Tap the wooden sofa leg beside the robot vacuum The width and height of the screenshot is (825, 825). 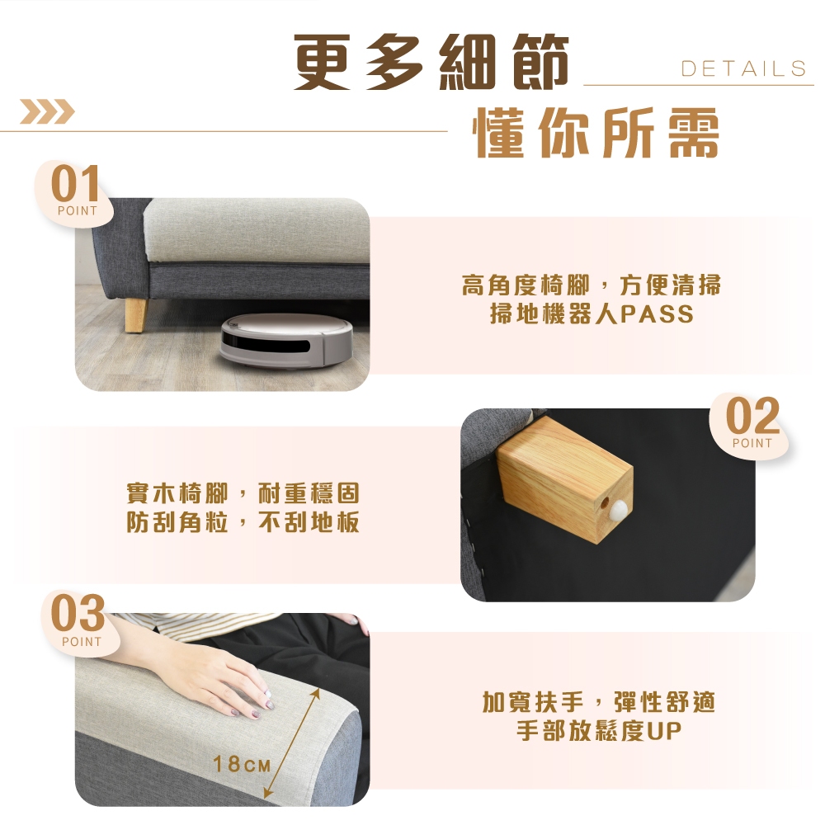pos(136,315)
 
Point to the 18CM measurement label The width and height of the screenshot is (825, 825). pos(242,764)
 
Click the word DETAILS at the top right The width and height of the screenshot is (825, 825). pos(744,68)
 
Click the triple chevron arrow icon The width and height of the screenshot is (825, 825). pos(47,111)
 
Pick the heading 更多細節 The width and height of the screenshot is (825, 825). pos(431,62)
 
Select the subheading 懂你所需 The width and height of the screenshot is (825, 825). pos(597,133)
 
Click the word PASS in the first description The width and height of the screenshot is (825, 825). pos(658,314)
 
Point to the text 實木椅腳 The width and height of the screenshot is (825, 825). pos(177,493)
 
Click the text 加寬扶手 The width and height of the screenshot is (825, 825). pos(533,702)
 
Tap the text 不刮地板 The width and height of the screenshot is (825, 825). pos(309,522)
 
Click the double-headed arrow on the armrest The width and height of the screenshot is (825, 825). pos(291,743)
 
